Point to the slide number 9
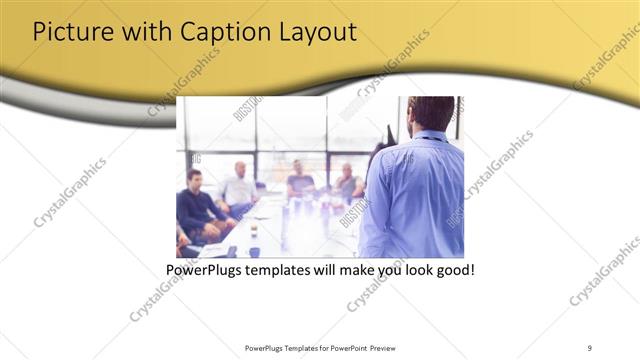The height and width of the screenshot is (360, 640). (590, 347)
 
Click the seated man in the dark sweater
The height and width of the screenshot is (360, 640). (198, 205)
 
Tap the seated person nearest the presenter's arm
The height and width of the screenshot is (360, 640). (348, 184)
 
